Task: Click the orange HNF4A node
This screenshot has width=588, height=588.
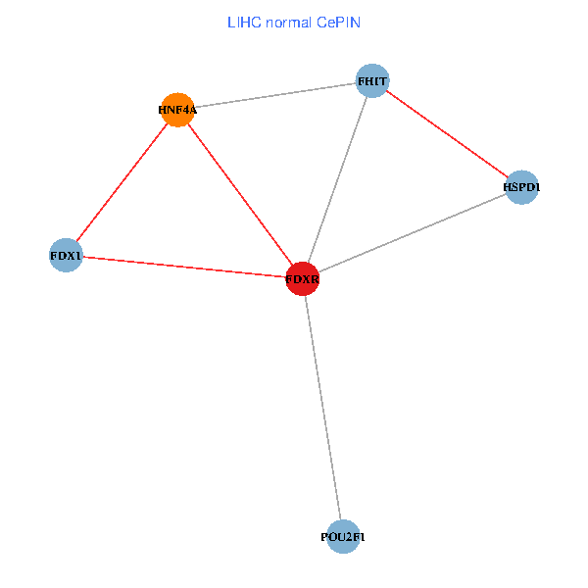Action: tap(177, 110)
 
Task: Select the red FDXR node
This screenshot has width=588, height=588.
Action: tap(302, 279)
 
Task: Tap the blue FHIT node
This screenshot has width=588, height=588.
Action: tap(372, 80)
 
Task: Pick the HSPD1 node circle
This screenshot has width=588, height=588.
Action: tap(522, 187)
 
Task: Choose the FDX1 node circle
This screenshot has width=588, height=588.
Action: tap(66, 256)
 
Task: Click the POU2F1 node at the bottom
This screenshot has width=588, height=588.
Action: tap(342, 536)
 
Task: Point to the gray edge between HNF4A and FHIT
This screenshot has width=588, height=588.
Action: tap(274, 95)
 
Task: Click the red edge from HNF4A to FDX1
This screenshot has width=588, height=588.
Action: tap(122, 182)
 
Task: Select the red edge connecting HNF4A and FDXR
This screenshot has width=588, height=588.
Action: tap(239, 194)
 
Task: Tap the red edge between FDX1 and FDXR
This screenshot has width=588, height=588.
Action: tap(183, 268)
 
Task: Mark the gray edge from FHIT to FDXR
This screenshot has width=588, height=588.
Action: tap(337, 179)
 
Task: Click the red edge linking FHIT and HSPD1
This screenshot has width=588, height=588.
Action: tap(447, 133)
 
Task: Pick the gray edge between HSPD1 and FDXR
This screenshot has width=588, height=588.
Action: tap(412, 233)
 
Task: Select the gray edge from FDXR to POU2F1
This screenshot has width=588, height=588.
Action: tap(321, 408)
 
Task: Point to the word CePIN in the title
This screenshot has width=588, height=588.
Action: tap(338, 21)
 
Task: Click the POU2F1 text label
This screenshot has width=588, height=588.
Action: tap(342, 537)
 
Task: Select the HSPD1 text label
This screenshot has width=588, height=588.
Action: tap(522, 187)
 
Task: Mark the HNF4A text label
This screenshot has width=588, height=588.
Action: tap(177, 110)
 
